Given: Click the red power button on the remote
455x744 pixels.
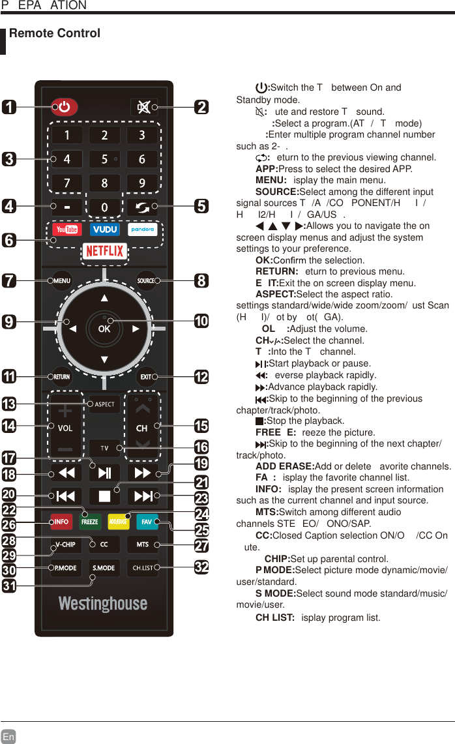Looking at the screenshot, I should (x=65, y=107).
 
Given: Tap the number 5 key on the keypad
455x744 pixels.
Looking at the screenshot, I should (x=104, y=159).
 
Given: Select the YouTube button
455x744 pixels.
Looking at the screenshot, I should (x=66, y=230).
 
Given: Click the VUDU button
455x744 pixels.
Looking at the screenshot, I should (x=104, y=230).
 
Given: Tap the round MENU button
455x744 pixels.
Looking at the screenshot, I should (x=62, y=281).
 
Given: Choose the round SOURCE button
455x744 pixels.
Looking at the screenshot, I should (x=146, y=281).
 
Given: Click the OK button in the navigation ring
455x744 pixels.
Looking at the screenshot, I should (x=104, y=329).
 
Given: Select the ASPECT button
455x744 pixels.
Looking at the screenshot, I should (x=104, y=404).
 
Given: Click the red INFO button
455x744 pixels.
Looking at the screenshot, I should (x=62, y=522).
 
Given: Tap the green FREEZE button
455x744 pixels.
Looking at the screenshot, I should (x=89, y=522).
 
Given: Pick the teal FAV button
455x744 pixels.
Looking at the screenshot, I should (x=146, y=522).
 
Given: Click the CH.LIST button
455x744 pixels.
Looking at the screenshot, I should (x=143, y=568).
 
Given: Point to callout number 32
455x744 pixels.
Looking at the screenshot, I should (x=201, y=567).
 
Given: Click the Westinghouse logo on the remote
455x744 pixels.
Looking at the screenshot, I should (x=103, y=604).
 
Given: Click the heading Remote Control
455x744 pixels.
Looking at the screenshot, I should (x=55, y=33).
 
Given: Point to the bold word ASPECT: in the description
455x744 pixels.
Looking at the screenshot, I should (x=276, y=295).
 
